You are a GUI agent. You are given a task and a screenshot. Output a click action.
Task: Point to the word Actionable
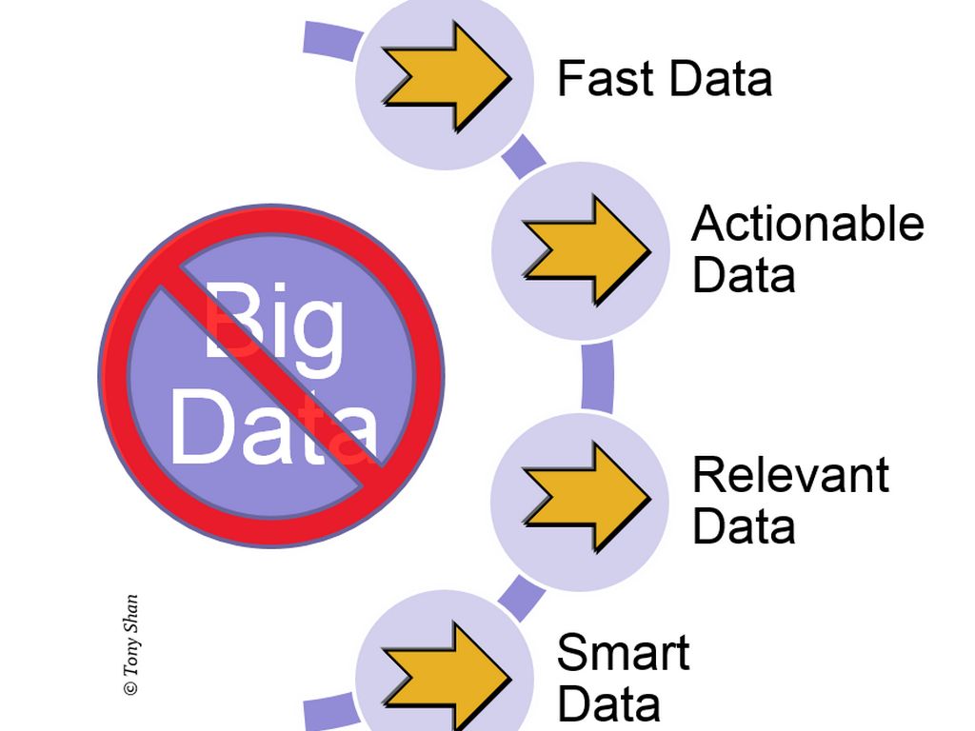(x=807, y=225)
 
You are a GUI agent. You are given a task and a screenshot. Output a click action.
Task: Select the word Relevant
(x=790, y=475)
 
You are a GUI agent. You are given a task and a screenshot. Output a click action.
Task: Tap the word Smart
(x=623, y=653)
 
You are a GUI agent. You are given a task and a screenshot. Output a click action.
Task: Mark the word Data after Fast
(x=720, y=78)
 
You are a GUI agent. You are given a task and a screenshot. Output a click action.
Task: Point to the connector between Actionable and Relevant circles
(x=597, y=375)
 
